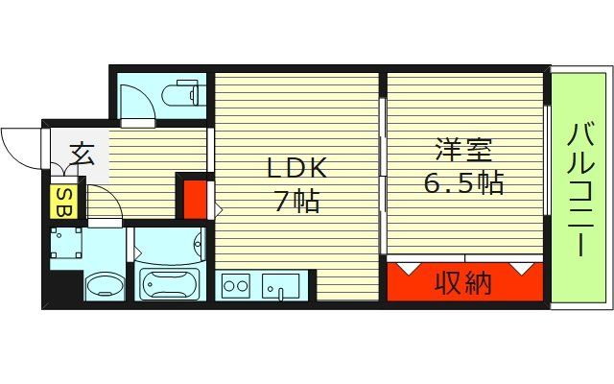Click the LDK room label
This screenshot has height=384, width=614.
[x=296, y=169]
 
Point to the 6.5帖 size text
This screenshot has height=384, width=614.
[x=464, y=182]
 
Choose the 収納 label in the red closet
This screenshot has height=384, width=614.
[x=464, y=283]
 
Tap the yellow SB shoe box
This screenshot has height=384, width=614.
[x=62, y=202]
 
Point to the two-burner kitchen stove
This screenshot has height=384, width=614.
[x=235, y=284]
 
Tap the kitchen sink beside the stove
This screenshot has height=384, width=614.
[x=282, y=285]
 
